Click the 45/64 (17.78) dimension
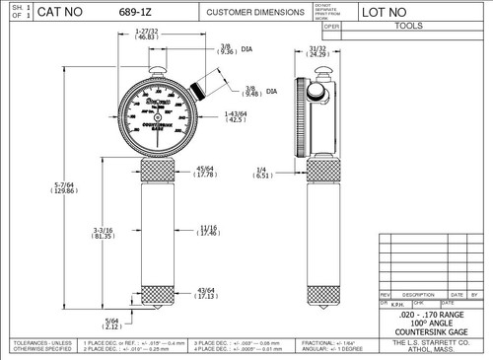pyautogui.click(x=209, y=172)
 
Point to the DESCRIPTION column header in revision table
pyautogui.click(x=418, y=295)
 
